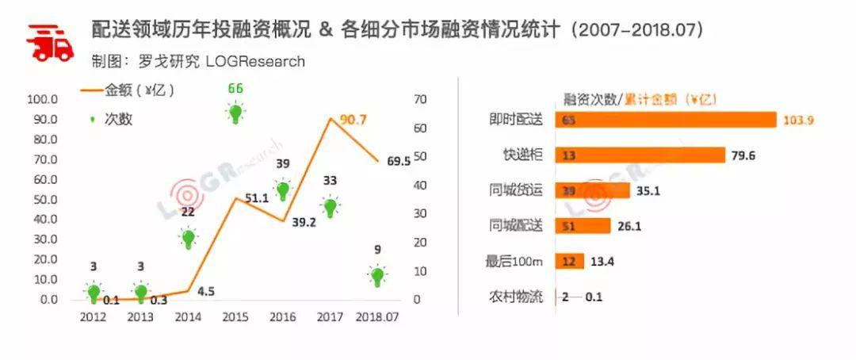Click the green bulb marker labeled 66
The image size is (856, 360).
pyautogui.click(x=235, y=113)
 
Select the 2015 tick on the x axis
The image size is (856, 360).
pyautogui.click(x=235, y=317)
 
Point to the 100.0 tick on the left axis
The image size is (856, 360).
pyautogui.click(x=42, y=99)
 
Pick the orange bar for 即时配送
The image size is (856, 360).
pyautogui.click(x=665, y=120)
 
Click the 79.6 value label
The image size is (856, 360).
pyautogui.click(x=744, y=155)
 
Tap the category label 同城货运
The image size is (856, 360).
pyautogui.click(x=516, y=190)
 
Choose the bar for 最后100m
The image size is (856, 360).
pyautogui.click(x=570, y=262)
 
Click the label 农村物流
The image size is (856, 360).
pyautogui.click(x=516, y=297)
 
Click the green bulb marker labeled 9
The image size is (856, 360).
pyautogui.click(x=378, y=277)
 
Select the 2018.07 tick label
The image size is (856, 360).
pyautogui.click(x=378, y=317)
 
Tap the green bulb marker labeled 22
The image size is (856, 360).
pyautogui.click(x=189, y=237)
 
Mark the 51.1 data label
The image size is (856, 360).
pyautogui.click(x=255, y=198)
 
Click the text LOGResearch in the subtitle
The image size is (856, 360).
pyautogui.click(x=254, y=61)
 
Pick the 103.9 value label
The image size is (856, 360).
pyautogui.click(x=799, y=121)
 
